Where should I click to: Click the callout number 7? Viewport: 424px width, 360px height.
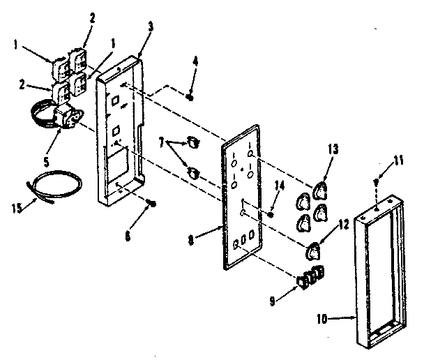(x=162, y=142)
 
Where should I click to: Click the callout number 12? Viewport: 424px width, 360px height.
(x=344, y=225)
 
